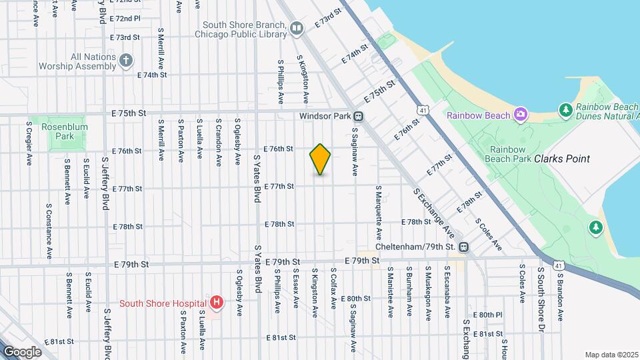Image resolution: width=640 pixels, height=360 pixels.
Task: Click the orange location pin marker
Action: coord(320,159)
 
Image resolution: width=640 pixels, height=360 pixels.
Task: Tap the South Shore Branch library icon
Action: coord(297,28)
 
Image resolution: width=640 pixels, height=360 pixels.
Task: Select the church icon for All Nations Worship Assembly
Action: coord(126,62)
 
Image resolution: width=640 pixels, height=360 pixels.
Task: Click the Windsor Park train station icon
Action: coord(359,115)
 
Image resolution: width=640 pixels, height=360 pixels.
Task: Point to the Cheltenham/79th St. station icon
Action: coord(464,247)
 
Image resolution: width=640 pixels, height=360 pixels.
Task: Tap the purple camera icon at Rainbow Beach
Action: coord(521,115)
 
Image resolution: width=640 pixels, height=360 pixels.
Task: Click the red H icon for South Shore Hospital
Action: coord(216,303)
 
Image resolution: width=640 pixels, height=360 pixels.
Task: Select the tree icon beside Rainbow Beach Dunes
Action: coord(565,109)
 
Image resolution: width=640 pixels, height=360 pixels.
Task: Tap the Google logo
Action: coord(22,351)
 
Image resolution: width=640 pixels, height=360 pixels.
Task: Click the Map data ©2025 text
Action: coord(611,355)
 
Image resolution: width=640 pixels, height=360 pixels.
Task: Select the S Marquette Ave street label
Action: coord(378,213)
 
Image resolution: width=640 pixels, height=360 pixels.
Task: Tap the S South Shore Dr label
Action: coord(541,291)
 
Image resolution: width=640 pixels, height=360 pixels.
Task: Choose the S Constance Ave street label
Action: coord(49,231)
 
